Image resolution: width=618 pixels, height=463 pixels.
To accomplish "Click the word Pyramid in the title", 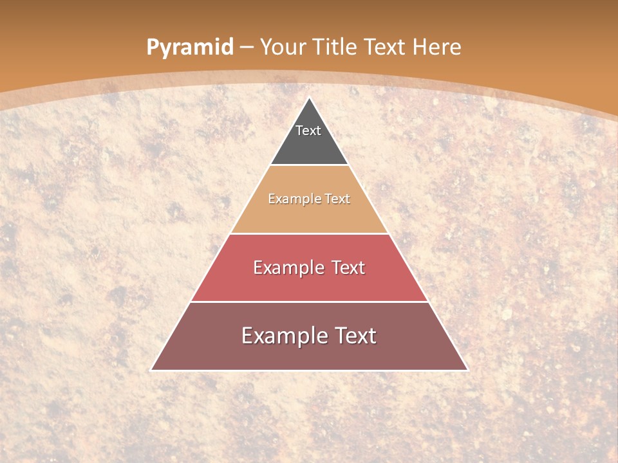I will click(x=189, y=47).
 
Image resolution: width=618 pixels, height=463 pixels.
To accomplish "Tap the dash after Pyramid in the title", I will click(x=246, y=47).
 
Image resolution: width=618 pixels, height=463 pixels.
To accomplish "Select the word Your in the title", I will click(x=282, y=47).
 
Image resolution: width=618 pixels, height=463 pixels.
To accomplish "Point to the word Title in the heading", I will click(x=335, y=47).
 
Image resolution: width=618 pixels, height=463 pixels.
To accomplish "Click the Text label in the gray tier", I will click(x=308, y=131).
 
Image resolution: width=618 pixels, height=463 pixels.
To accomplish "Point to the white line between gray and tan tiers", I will click(x=310, y=165).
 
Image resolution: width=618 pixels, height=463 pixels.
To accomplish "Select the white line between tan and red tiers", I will click(x=310, y=233).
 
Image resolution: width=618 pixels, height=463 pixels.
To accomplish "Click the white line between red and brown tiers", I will click(x=310, y=302).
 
